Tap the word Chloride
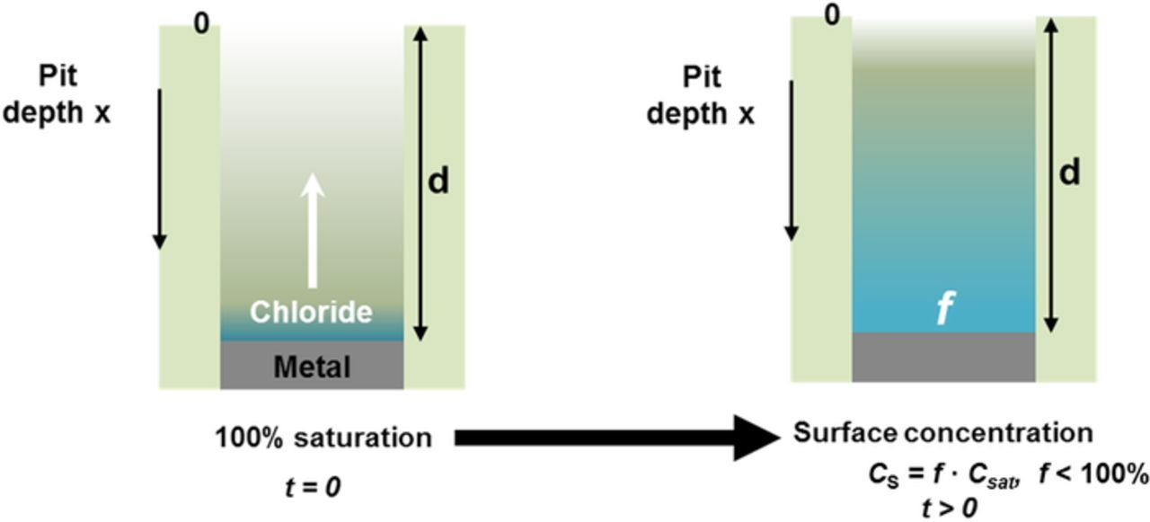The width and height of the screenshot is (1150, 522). (x=311, y=312)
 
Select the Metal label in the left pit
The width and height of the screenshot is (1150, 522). (x=312, y=367)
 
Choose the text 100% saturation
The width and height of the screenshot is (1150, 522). (x=323, y=438)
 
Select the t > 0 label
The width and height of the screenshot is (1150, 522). (x=949, y=508)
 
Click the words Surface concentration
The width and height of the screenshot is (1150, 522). (x=942, y=433)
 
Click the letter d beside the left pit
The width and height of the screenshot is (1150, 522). (x=438, y=181)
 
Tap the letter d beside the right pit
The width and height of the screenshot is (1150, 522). (x=1069, y=173)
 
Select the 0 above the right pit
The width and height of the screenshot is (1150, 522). (x=833, y=16)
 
